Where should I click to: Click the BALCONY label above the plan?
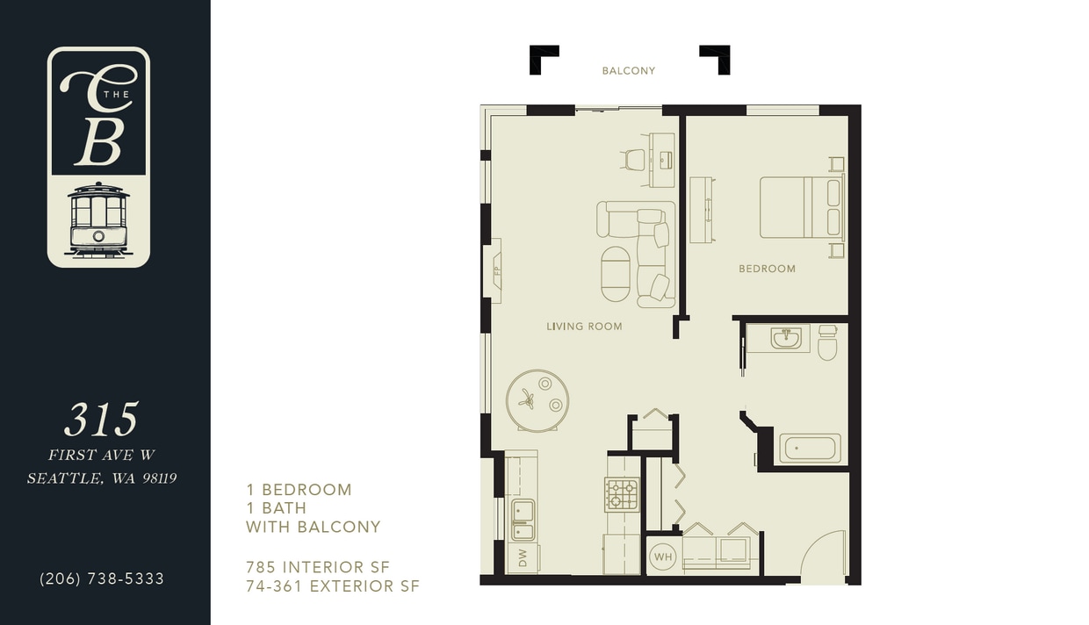tap(628, 71)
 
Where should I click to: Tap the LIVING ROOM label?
tap(584, 327)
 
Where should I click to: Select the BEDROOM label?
tap(767, 269)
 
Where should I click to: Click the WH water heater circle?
tap(663, 557)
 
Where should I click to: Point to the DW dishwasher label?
tap(523, 558)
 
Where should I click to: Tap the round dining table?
tap(537, 400)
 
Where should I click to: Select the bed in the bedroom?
tap(801, 208)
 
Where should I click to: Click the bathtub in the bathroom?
tap(810, 449)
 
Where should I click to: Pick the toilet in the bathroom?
tap(827, 343)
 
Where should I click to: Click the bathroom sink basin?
tap(786, 338)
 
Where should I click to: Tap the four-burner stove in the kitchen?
tap(622, 494)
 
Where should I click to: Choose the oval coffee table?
tap(616, 274)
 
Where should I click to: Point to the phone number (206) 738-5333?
tap(102, 579)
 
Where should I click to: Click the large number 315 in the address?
tap(101, 420)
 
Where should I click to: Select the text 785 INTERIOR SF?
tap(317, 567)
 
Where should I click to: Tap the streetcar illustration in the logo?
tap(98, 219)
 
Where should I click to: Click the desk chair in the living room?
tap(634, 160)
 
